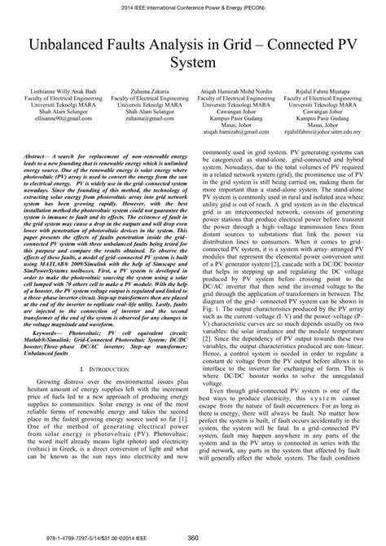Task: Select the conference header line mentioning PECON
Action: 193,8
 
